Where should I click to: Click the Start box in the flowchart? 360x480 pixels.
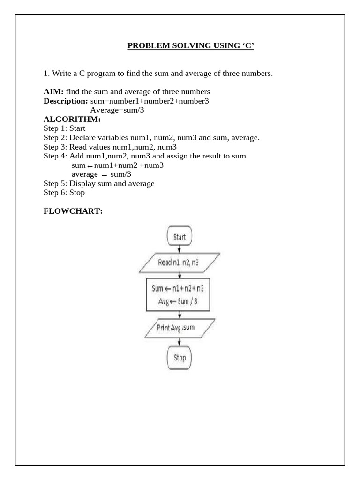(x=180, y=237)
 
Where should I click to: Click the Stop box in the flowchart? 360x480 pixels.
(x=180, y=358)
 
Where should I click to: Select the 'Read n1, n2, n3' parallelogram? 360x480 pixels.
(x=180, y=262)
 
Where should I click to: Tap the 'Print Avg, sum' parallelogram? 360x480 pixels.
(x=180, y=328)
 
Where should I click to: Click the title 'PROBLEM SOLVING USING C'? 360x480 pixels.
(x=191, y=46)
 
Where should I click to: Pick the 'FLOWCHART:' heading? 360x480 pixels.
(x=73, y=211)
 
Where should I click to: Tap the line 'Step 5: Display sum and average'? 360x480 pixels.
(x=99, y=183)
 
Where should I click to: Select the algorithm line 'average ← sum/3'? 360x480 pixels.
(x=101, y=174)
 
